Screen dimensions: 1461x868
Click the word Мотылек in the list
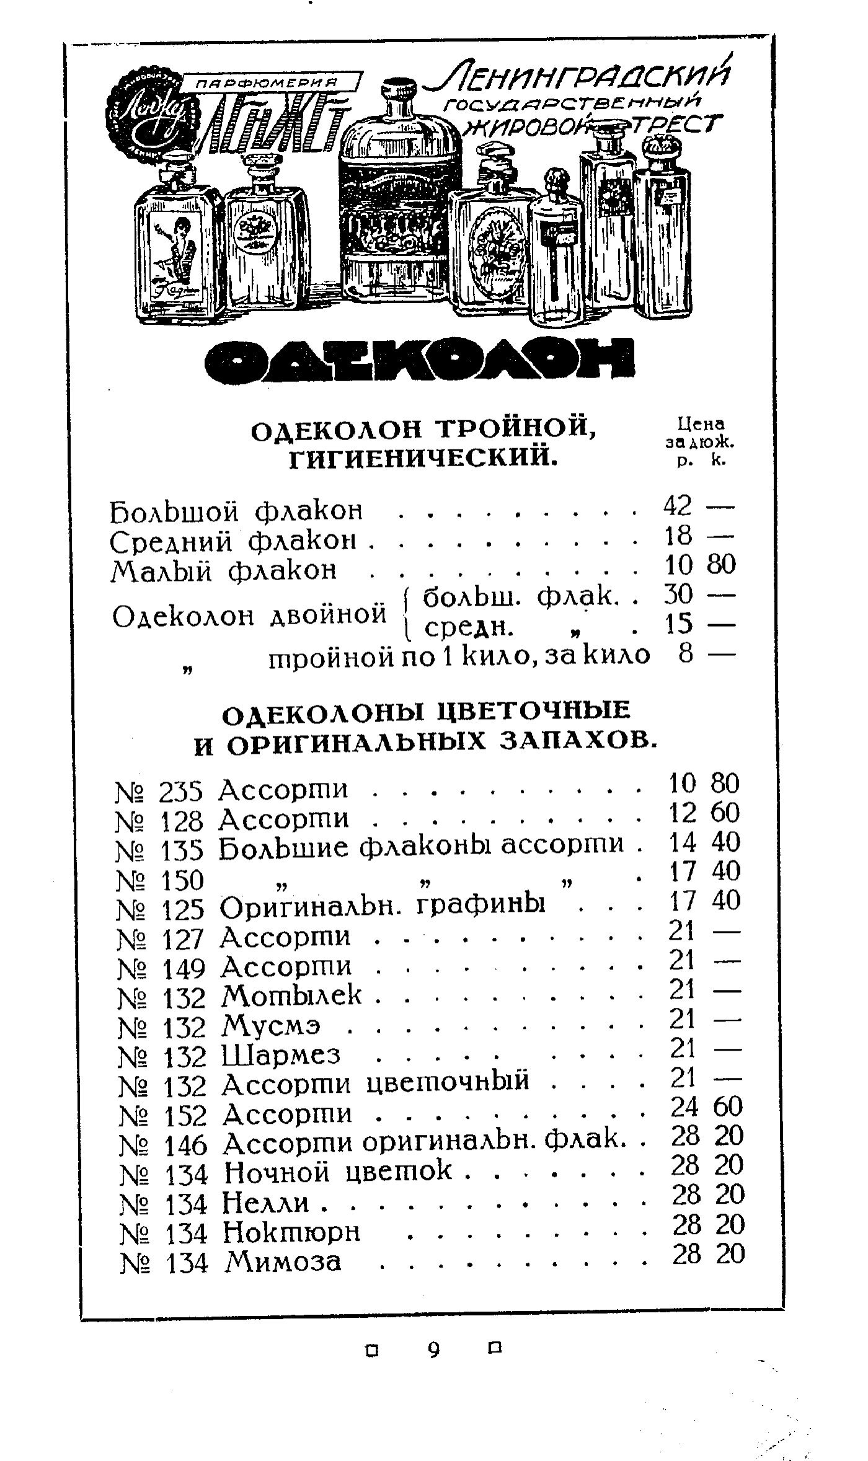(x=292, y=996)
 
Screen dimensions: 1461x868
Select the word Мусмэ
(x=272, y=1025)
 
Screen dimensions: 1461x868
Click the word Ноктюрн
(x=291, y=1232)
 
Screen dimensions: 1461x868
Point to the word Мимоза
(x=283, y=1261)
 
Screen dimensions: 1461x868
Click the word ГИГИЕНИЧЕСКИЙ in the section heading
(x=422, y=459)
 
